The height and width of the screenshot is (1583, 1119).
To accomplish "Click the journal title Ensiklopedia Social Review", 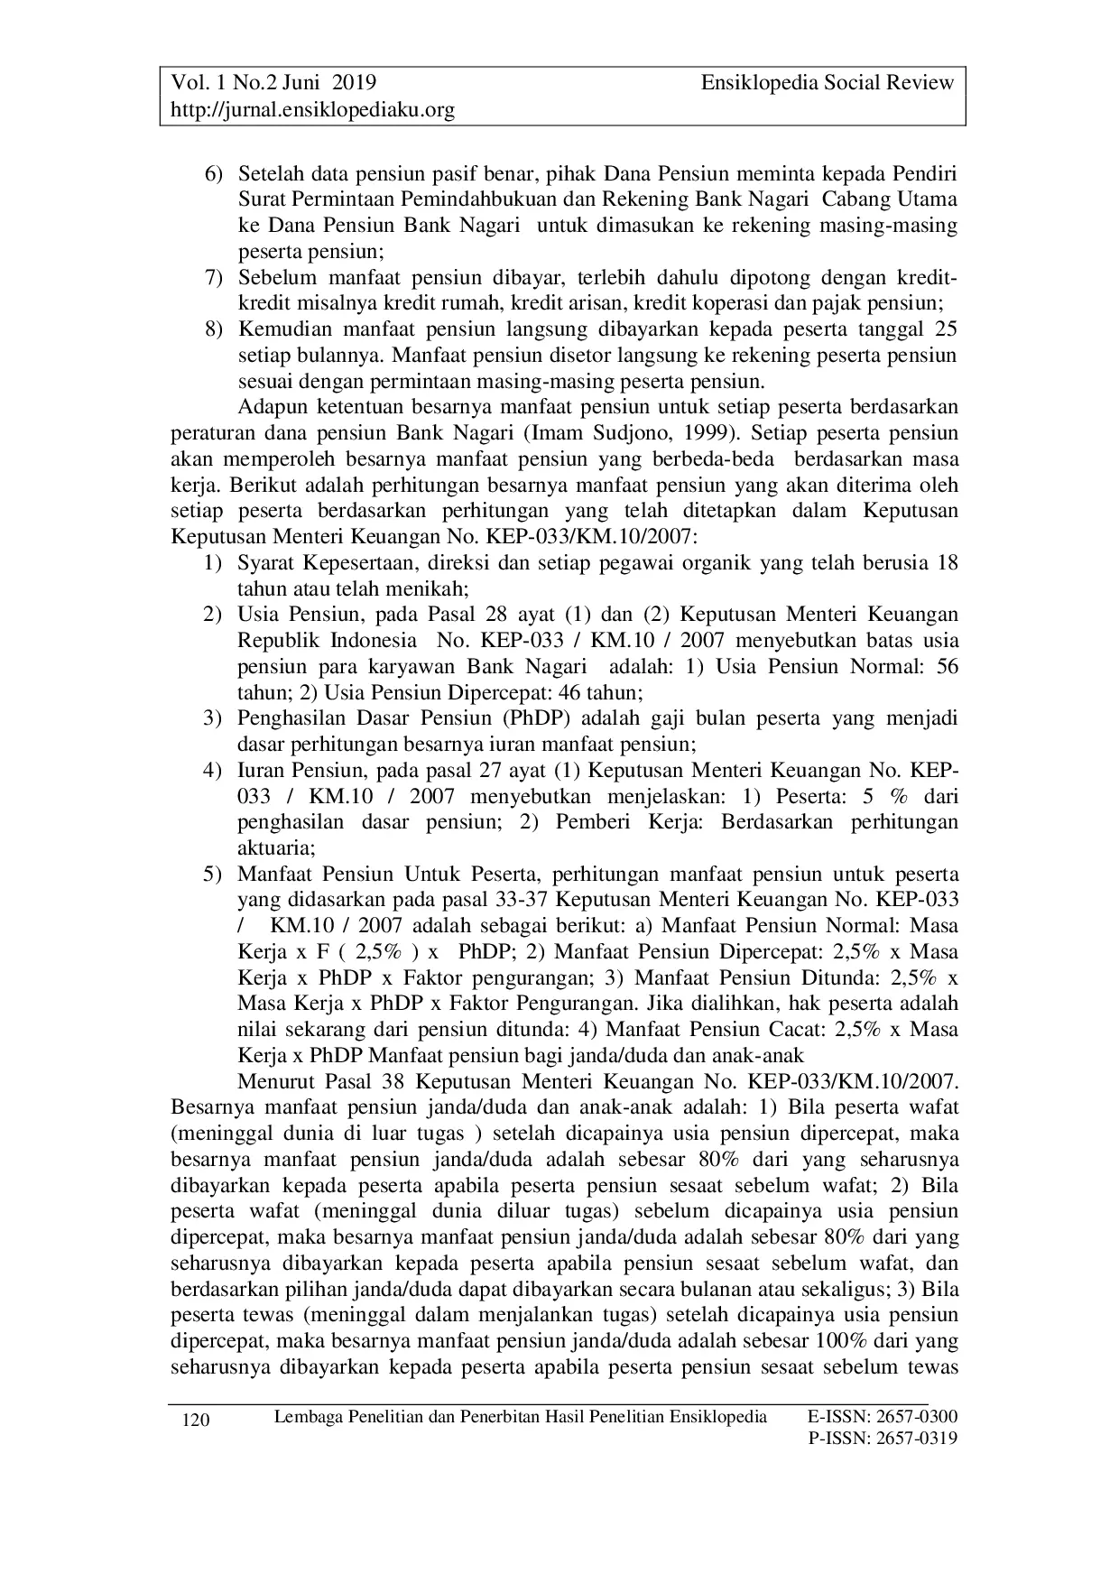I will point(827,83).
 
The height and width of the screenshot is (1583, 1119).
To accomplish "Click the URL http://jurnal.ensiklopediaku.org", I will point(312,110).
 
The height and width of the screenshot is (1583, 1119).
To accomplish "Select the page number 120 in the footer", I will point(196,1421).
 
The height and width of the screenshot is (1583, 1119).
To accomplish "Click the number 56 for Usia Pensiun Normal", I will point(947,667).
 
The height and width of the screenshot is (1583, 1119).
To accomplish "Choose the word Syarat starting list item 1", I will point(266,563).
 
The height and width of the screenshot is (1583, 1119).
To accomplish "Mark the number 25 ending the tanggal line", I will point(946,329).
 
